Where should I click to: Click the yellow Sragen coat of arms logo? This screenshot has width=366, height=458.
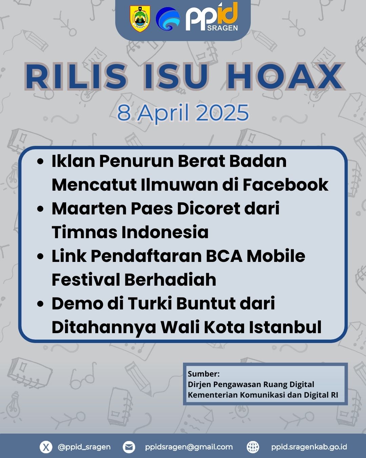pos(140,19)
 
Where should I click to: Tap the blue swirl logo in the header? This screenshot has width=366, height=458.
pos(168,19)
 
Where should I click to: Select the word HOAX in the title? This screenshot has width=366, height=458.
pos(285,76)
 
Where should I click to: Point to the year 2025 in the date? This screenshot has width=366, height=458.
pos(222,112)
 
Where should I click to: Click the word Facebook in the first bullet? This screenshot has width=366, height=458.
pos(286,185)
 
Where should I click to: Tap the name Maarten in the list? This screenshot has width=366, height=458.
pos(89,209)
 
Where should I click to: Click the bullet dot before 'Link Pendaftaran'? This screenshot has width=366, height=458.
pos(40,256)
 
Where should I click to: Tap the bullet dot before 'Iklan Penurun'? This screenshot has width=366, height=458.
pos(40,161)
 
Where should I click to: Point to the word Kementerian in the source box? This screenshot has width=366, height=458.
pos(213,395)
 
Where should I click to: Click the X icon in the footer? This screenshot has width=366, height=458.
pos(46,447)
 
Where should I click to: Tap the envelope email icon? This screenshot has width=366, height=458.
pos(129,447)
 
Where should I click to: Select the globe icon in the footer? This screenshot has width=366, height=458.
pos(253,447)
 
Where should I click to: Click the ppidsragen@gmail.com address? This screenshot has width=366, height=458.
pos(189,447)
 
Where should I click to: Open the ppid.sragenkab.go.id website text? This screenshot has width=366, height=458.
pos(309,447)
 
